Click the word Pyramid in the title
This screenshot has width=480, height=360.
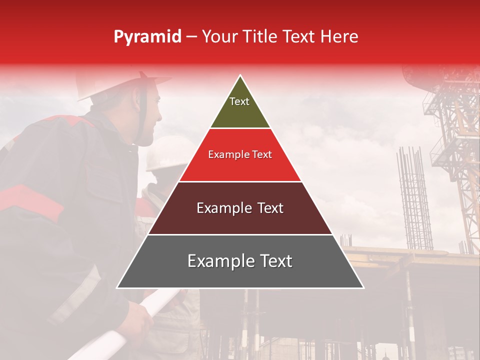pos(147,37)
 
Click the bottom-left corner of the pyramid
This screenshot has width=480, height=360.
pos(118,287)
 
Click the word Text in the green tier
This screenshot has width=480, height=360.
pos(239,101)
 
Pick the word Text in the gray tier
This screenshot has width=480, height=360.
pos(272,261)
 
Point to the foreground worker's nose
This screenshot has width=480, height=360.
pos(160,118)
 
